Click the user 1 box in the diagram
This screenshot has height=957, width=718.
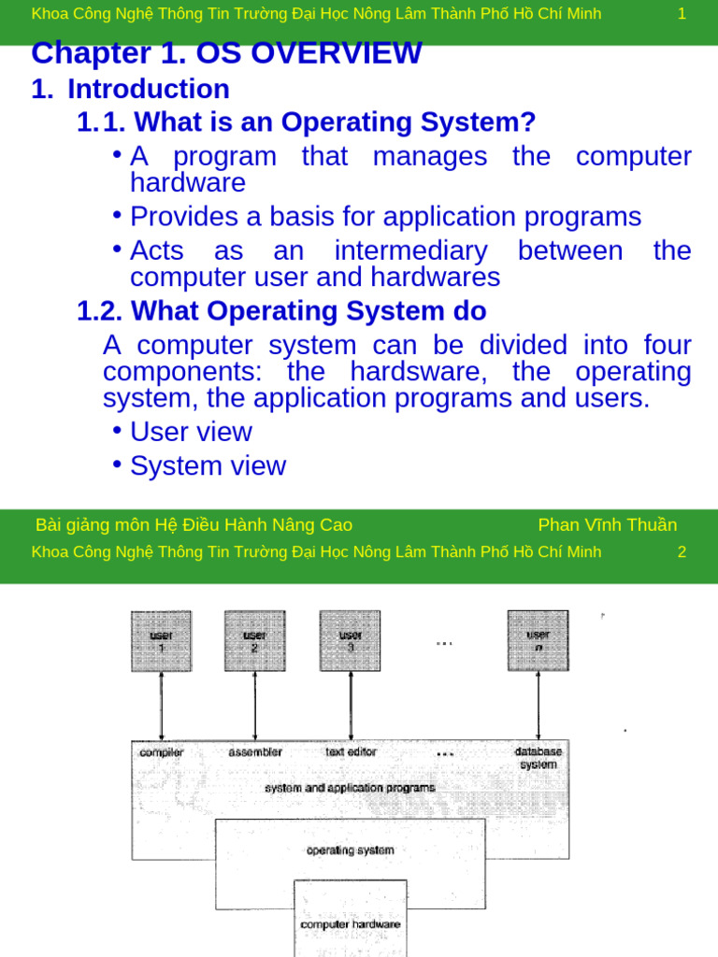coord(162,641)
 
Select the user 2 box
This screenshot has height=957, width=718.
coord(255,641)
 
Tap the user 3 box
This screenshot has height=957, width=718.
coord(351,641)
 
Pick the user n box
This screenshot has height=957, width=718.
coord(538,641)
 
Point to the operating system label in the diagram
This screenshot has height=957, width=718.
coord(351,850)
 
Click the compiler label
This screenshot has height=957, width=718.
coord(162,751)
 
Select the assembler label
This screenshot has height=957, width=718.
coord(255,751)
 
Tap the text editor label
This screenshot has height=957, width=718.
coord(352,751)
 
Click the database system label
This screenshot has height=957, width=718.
coord(538,758)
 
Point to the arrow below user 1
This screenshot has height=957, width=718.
coord(162,706)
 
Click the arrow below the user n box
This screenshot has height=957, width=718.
coord(538,706)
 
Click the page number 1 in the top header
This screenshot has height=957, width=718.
coord(682,14)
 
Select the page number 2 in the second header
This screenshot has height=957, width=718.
coord(682,551)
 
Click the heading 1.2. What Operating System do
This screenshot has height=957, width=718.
coord(281,310)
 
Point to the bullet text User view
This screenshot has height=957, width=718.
coord(191,432)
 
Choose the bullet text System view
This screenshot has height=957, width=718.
coord(208,465)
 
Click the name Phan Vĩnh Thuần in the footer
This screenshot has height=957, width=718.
coord(608,524)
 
